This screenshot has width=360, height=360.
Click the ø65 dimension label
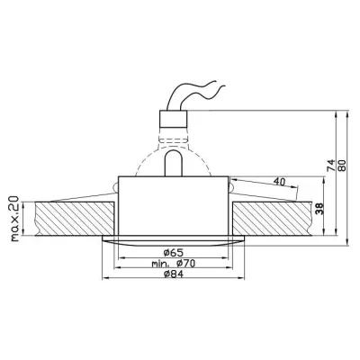point(174,253)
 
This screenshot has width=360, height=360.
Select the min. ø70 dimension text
point(174,264)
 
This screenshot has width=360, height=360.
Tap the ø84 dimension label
point(174,274)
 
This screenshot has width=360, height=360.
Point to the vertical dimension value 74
point(330,166)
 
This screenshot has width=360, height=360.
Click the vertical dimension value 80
point(342,166)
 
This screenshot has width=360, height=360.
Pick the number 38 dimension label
point(319,209)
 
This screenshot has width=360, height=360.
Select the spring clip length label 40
point(279,182)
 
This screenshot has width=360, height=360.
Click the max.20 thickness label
point(14,219)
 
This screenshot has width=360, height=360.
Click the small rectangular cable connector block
point(174,119)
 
